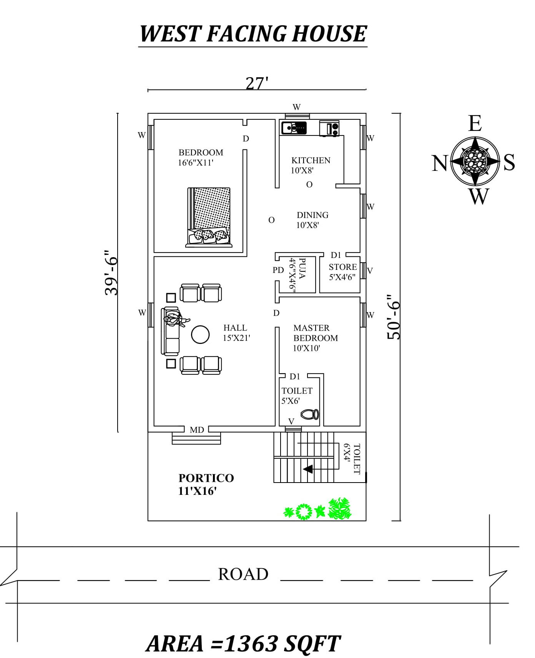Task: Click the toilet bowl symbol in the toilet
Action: [310, 414]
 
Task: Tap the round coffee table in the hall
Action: [200, 335]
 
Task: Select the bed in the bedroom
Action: [209, 217]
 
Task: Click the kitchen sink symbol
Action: [294, 127]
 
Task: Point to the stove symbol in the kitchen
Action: [330, 128]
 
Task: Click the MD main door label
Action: [197, 430]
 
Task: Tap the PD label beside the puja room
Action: [278, 270]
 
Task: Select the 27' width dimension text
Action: [257, 83]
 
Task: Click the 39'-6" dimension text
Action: [111, 273]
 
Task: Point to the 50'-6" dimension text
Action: [394, 317]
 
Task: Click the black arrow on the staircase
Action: [308, 469]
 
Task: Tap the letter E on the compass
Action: [475, 124]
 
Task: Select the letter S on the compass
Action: [509, 162]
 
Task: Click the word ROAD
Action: [243, 574]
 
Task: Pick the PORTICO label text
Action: [206, 478]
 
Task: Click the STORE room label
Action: [343, 267]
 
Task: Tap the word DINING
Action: [312, 215]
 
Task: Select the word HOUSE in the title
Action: [329, 33]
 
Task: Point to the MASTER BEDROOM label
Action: [316, 333]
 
